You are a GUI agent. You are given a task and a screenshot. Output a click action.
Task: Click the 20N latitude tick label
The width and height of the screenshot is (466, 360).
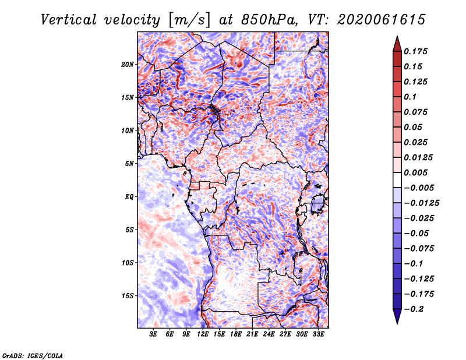pos(127,65)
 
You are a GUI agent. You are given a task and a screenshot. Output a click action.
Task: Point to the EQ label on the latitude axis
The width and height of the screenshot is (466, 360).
pos(129,197)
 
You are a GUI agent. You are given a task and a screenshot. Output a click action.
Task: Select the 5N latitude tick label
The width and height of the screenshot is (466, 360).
pos(129,164)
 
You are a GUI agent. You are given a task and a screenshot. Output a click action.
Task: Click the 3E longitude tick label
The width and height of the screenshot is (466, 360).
pos(153,334)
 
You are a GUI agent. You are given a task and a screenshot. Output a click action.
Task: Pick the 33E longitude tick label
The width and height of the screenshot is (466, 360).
pos(318,334)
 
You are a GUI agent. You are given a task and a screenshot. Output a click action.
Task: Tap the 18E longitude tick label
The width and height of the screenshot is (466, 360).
pos(236,334)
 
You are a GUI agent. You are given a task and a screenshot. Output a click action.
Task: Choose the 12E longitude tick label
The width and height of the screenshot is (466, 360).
pos(202,334)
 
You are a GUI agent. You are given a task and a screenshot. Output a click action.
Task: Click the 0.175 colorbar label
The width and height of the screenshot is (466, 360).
pos(415,51)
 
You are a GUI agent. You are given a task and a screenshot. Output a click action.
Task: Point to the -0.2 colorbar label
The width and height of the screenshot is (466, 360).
pos(414,309)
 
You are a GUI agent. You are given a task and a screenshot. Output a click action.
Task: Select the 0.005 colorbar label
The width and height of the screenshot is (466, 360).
pos(415,172)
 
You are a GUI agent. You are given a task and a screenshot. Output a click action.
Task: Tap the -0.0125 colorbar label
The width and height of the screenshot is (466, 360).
pos(421,203)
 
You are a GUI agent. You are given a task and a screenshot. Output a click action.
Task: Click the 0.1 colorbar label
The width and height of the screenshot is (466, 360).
pos(410,97)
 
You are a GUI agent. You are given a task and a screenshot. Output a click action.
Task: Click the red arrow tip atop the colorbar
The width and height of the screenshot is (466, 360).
pos(397,37)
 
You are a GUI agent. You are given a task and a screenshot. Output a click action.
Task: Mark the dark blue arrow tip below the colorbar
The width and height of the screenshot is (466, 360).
pos(397,323)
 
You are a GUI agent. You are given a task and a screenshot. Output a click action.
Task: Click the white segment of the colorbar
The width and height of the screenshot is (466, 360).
pos(397,180)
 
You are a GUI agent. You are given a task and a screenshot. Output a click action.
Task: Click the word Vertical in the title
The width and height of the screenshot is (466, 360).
pos(69,20)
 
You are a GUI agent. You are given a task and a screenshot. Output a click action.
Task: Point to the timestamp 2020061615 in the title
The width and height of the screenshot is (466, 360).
pos(382,20)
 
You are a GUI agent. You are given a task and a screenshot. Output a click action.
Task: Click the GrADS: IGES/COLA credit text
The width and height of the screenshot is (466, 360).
pos(33,355)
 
